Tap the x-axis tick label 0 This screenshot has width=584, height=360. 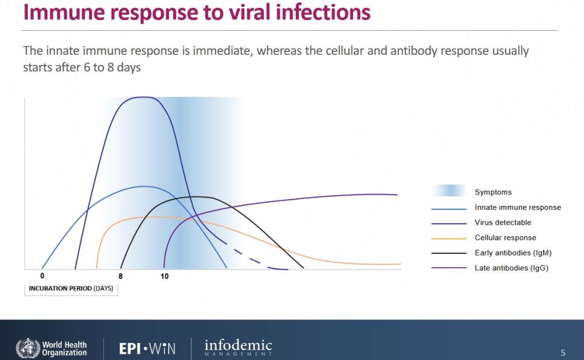[x=42, y=276]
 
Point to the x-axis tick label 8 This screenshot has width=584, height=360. [x=120, y=276]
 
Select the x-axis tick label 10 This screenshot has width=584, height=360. [x=164, y=276]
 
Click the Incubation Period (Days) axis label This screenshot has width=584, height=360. [x=71, y=289]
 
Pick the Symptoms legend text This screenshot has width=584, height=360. [x=493, y=192]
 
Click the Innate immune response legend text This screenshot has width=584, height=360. [x=518, y=208]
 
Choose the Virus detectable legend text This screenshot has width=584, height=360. [x=503, y=223]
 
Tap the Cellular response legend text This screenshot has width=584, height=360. [x=505, y=238]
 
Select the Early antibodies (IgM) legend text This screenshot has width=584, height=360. [x=513, y=253]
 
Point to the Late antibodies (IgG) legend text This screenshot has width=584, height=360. [x=512, y=268]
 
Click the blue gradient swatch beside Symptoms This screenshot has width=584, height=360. [x=449, y=191]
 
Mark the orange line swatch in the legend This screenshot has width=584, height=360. [x=449, y=238]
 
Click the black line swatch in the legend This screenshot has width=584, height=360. [x=449, y=253]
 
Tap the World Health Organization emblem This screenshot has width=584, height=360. [x=27, y=349]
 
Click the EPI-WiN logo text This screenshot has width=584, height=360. [x=147, y=349]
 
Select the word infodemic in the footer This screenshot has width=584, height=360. [x=238, y=345]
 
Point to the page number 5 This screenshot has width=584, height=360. [x=563, y=353]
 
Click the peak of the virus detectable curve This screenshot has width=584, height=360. [x=143, y=97]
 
